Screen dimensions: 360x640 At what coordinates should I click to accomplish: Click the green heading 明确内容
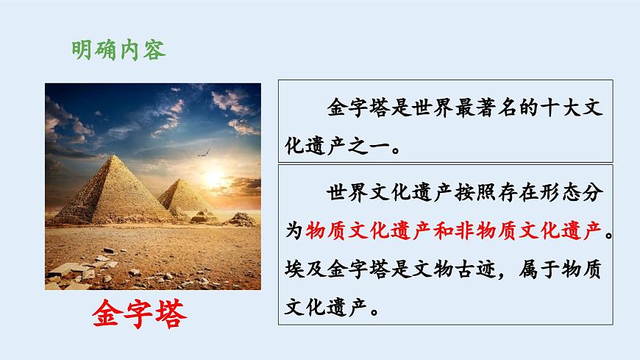coord(118,50)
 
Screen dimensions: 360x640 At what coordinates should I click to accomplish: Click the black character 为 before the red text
coord(294,231)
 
